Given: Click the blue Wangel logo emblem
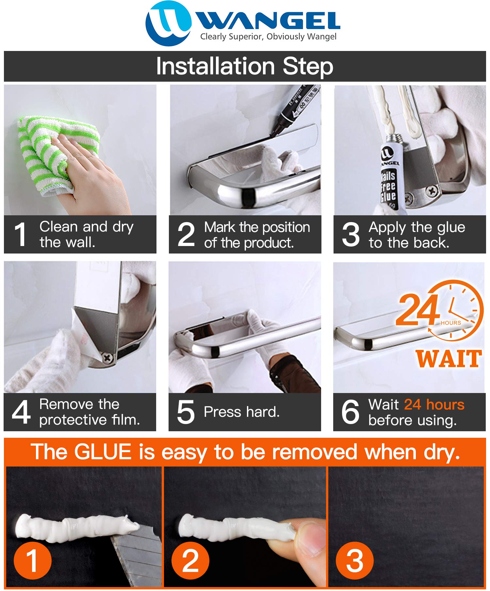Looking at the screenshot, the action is [168, 23].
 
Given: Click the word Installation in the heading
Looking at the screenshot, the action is [215, 66].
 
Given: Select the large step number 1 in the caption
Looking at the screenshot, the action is [21, 234].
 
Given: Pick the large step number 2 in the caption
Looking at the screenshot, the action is [186, 234].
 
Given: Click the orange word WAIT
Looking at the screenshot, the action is [449, 359].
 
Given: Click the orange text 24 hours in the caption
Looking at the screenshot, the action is [434, 404].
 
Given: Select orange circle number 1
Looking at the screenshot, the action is [33, 560].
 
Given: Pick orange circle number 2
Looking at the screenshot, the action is [190, 560].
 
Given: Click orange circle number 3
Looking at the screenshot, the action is [354, 560].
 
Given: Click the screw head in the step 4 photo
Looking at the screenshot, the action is [107, 358].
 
